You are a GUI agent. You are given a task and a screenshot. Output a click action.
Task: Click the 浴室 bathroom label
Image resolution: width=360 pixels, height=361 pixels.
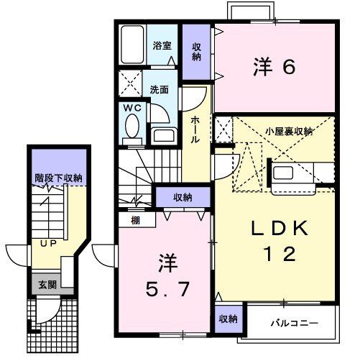162,45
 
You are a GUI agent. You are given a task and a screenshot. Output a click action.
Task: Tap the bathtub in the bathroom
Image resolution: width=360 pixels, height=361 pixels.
132,45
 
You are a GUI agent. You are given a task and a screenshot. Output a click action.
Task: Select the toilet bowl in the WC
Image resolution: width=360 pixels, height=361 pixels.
132,126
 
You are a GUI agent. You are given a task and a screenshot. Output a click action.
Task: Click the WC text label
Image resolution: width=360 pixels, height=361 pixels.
132,108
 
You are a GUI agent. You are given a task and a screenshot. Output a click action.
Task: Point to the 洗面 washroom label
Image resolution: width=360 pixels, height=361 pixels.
160,89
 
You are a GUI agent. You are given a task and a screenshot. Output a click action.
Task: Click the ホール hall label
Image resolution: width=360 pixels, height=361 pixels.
195,129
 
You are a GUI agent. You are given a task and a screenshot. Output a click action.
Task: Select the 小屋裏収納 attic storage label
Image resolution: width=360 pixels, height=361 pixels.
289,132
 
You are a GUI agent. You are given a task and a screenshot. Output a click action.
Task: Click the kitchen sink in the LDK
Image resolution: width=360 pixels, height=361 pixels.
283,173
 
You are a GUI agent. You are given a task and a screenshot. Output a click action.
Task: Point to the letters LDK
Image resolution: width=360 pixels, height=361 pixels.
280,229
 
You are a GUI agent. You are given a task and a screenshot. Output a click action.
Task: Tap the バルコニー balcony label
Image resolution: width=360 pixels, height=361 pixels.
295,323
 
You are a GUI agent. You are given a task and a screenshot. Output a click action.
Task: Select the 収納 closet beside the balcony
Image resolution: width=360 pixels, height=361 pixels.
229,319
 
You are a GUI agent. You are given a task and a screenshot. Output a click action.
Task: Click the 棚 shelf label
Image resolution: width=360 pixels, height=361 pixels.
136,220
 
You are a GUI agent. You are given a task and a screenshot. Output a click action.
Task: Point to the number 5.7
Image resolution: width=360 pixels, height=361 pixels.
167,288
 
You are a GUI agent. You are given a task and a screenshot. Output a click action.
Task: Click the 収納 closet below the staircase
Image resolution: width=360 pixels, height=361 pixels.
183,197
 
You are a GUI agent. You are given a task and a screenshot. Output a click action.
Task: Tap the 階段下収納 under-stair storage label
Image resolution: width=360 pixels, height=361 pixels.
59,178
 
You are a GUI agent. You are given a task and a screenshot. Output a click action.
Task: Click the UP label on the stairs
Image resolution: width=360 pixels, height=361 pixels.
48,244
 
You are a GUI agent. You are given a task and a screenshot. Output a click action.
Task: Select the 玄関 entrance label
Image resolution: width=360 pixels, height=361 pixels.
47,285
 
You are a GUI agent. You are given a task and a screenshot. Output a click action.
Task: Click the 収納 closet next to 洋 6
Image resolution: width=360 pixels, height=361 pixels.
196,52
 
